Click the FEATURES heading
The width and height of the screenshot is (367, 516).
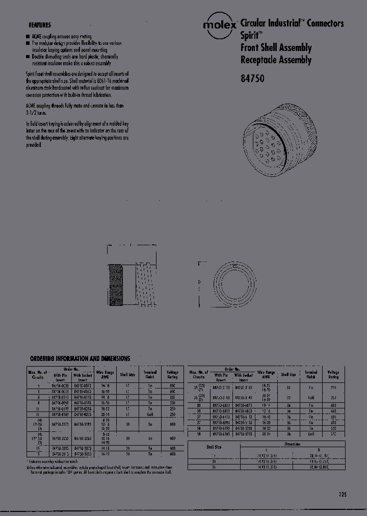click(x=40, y=24)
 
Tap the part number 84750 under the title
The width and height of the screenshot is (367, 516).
click(x=251, y=79)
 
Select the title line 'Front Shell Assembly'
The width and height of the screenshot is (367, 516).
click(x=276, y=48)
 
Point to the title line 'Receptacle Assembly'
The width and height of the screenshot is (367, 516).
click(x=275, y=60)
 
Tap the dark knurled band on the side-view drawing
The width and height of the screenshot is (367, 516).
click(x=117, y=286)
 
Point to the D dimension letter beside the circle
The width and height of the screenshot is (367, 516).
click(x=199, y=281)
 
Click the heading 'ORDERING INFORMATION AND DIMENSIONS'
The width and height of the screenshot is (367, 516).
click(x=80, y=359)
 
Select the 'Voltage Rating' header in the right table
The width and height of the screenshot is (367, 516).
click(x=333, y=375)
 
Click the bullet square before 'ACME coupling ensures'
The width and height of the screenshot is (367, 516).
click(x=28, y=37)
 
